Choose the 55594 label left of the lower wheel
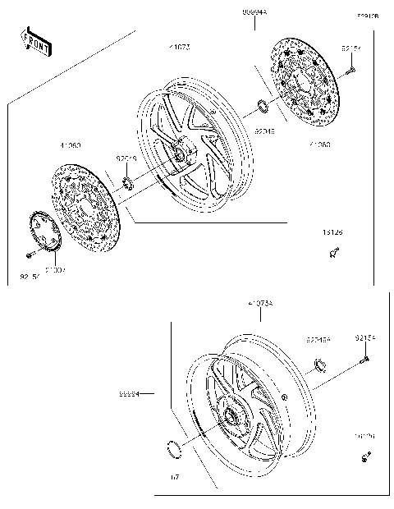click(x=129, y=394)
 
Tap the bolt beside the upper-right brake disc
click(x=350, y=71)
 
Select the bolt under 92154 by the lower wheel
click(x=364, y=358)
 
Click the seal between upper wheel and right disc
click(x=262, y=105)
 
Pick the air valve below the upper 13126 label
click(x=333, y=255)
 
